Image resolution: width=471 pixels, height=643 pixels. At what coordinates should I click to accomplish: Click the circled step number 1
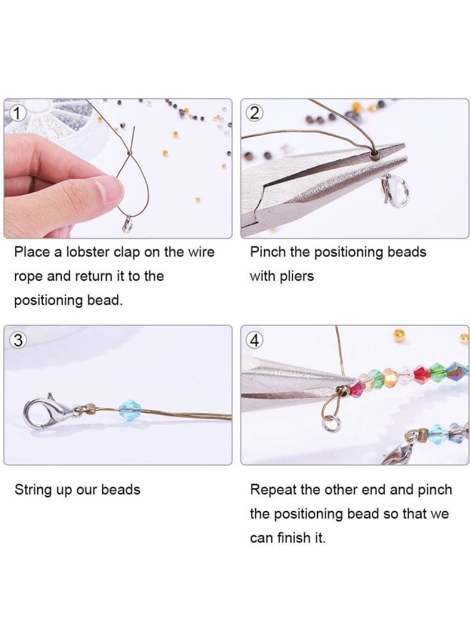[17, 113]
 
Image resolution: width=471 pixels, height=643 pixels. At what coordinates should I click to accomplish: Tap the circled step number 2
[254, 113]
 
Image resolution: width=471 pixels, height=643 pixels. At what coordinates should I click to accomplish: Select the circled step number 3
[18, 340]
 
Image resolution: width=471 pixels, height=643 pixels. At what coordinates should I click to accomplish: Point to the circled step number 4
[254, 340]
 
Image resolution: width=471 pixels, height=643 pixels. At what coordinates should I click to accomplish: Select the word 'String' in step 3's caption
[32, 489]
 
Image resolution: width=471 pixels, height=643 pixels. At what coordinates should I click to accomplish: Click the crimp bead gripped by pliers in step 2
[375, 154]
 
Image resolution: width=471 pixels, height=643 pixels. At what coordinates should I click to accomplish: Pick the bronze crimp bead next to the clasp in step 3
[89, 409]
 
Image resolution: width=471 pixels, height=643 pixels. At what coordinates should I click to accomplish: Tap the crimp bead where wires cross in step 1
[129, 153]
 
